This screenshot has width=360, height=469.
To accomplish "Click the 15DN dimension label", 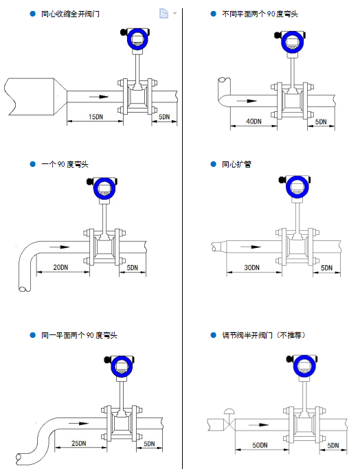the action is tap(95, 117).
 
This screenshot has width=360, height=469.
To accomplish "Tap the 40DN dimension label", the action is tap(254, 121).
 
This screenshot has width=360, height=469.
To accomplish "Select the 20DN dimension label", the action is tap(60, 267).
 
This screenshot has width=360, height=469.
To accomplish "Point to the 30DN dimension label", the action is tap(251, 267).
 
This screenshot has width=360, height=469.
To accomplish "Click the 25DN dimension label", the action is tap(79, 443).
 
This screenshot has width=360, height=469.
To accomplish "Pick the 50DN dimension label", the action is tap(260, 445).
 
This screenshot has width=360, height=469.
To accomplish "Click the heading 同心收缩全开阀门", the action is tap(70, 14).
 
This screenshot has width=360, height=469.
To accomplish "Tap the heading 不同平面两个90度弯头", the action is tap(260, 14).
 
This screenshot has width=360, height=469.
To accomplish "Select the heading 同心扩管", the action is tap(236, 164).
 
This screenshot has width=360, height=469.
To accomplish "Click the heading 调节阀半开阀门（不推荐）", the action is tap(263, 335).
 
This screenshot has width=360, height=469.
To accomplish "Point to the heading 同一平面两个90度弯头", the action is tap(79, 335).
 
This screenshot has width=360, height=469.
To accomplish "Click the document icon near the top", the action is tap(164, 13).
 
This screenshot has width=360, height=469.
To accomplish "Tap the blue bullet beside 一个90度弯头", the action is tap(32, 164).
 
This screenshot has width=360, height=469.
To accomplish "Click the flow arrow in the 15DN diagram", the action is tap(99, 97).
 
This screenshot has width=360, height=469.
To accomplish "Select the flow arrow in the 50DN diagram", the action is tap(258, 425).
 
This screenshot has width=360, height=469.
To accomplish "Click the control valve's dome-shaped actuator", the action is tap(230, 411).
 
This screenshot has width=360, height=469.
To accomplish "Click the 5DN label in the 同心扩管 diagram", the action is tap(326, 267).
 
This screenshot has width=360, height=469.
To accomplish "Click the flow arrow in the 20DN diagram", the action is tap(60, 247).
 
